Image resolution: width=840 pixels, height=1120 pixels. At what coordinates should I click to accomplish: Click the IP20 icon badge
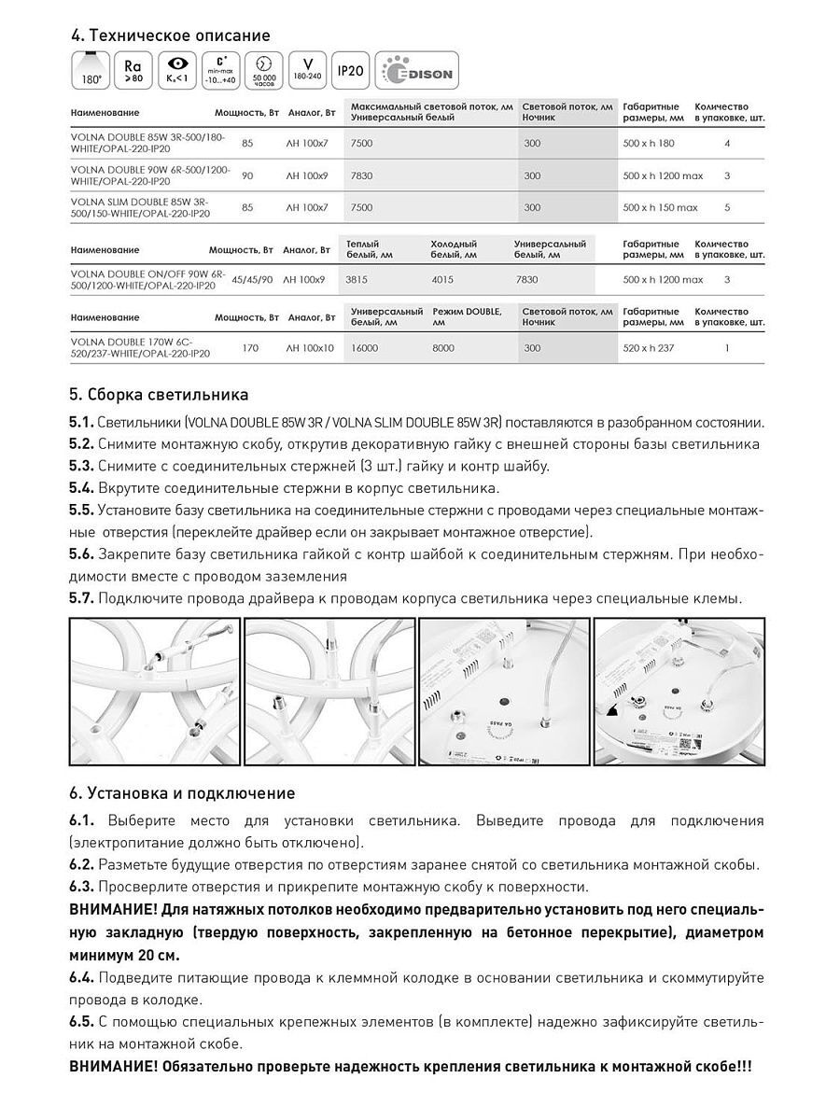350,71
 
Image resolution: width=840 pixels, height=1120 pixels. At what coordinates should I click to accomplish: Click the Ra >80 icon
132,71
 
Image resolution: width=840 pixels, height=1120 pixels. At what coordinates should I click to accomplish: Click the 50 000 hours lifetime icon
262,71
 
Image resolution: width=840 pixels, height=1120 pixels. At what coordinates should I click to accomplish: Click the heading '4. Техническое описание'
170,35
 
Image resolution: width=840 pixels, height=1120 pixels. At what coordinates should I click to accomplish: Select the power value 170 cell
250,348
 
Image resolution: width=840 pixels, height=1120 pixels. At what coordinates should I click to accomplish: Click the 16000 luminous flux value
365,348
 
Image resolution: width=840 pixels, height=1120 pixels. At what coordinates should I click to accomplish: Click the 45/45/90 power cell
252,279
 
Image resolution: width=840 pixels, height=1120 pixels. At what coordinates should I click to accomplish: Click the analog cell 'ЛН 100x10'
308,348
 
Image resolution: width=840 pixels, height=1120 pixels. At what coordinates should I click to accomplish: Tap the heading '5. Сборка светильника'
159,395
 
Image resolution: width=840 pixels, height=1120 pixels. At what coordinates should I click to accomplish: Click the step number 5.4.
81,488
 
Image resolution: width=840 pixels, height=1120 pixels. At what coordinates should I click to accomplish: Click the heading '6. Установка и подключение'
182,793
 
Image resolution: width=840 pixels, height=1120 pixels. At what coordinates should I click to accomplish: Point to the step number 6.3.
81,887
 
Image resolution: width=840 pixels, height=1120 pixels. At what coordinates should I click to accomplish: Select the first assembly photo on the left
154,692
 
